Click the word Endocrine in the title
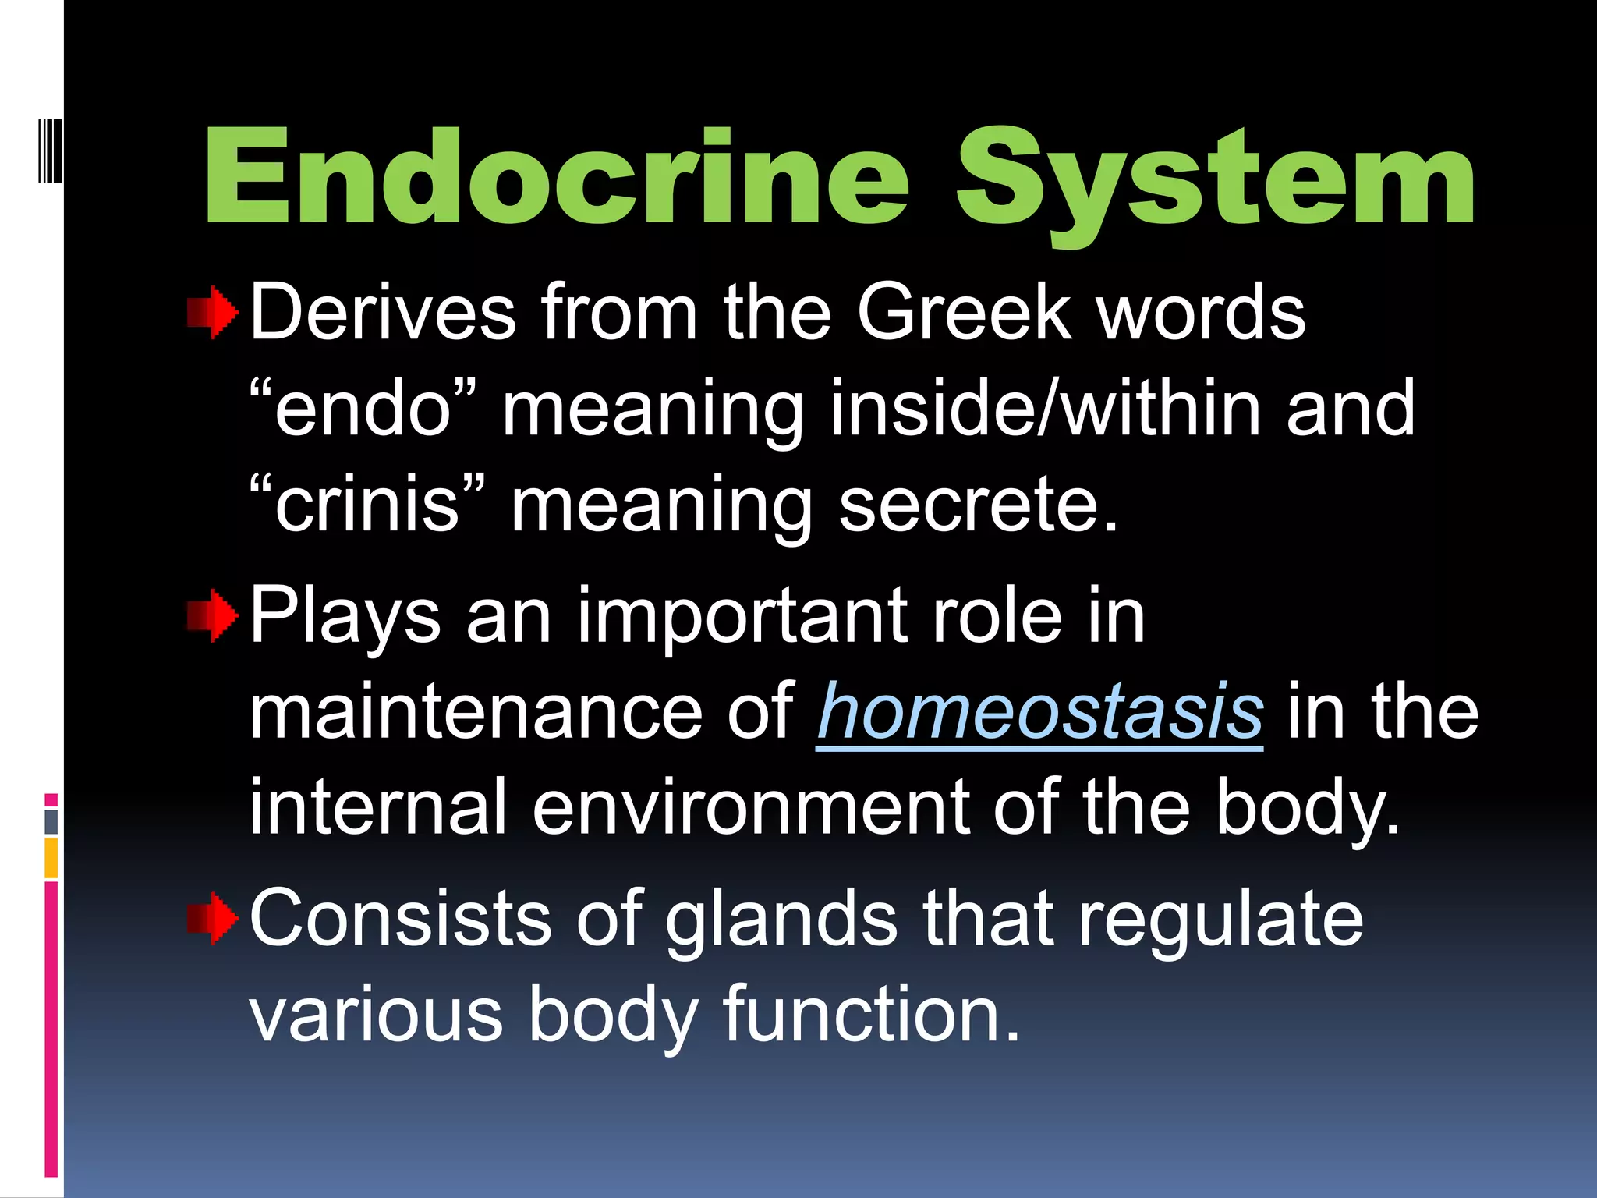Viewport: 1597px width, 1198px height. (557, 178)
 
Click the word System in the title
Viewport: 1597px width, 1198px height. (1215, 181)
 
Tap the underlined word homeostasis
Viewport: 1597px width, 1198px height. (1039, 711)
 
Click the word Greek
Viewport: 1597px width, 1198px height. (965, 312)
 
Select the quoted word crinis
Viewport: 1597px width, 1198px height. (366, 505)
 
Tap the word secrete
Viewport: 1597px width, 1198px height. (979, 505)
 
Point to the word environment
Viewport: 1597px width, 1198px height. (751, 807)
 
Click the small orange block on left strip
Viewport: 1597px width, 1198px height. (51, 858)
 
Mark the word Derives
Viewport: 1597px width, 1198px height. (383, 312)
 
